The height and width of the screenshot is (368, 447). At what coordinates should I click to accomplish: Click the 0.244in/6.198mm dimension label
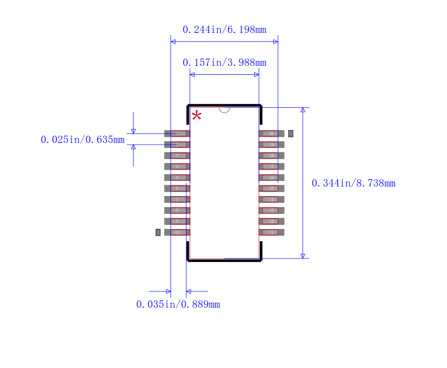tap(224, 30)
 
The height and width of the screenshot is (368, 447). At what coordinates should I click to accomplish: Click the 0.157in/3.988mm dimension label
tap(224, 63)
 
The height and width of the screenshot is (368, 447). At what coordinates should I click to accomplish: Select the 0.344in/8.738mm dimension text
tap(353, 183)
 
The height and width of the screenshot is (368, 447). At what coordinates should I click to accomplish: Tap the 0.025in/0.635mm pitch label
tap(83, 140)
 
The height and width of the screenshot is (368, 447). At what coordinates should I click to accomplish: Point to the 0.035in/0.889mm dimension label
tap(178, 304)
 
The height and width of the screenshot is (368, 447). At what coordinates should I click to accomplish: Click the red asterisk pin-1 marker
tap(196, 116)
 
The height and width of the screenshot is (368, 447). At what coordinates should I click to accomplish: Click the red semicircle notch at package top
tap(224, 109)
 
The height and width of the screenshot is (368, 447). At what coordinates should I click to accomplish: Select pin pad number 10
tap(177, 232)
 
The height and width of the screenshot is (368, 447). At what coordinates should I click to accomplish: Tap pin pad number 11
tap(272, 232)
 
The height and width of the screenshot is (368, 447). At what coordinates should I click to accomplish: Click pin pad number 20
tap(272, 133)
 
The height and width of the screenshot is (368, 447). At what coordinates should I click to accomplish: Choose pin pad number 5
tap(177, 178)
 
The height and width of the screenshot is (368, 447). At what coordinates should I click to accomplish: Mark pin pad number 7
tap(177, 199)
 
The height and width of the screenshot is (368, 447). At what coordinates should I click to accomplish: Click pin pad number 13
tap(272, 211)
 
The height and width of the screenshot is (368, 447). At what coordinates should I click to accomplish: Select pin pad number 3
tap(177, 155)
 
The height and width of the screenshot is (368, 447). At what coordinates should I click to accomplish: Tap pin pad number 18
tap(272, 155)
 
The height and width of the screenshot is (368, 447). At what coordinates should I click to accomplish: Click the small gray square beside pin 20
tap(291, 133)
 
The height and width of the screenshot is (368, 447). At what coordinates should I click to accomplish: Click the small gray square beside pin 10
tap(158, 232)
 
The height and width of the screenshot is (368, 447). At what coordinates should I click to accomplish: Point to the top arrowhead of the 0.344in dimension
tap(303, 110)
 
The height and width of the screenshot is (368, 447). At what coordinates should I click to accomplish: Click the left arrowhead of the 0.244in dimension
tap(173, 42)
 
